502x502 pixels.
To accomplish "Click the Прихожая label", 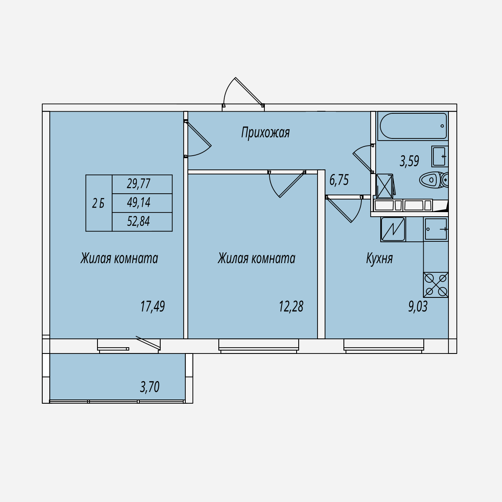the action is point(265,132).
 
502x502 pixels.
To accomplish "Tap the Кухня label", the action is point(379,258).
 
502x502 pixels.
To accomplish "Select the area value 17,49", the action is point(153,306).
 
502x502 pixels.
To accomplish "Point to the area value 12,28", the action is point(291,306).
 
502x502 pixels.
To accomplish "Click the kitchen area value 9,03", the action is point(418,306).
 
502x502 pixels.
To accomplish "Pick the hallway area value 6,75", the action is point(339,180).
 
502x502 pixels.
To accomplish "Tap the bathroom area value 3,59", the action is point(409,161).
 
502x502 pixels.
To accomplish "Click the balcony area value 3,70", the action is point(149,387).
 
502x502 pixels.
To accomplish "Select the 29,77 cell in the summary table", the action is point(142,184).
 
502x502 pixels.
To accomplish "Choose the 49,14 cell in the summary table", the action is point(142,203).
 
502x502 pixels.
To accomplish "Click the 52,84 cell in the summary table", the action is point(142,222).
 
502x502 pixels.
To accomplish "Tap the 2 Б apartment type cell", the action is point(99,203).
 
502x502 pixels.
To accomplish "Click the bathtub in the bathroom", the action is point(413,126).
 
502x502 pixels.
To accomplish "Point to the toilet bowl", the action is point(434,180).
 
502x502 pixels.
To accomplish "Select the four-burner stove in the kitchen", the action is point(436,285).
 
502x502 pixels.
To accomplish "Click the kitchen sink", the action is point(436,229).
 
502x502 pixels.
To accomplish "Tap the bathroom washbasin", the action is point(440,156).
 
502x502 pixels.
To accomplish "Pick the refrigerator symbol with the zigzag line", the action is point(393,229).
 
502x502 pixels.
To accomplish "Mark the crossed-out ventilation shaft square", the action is point(384,186).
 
